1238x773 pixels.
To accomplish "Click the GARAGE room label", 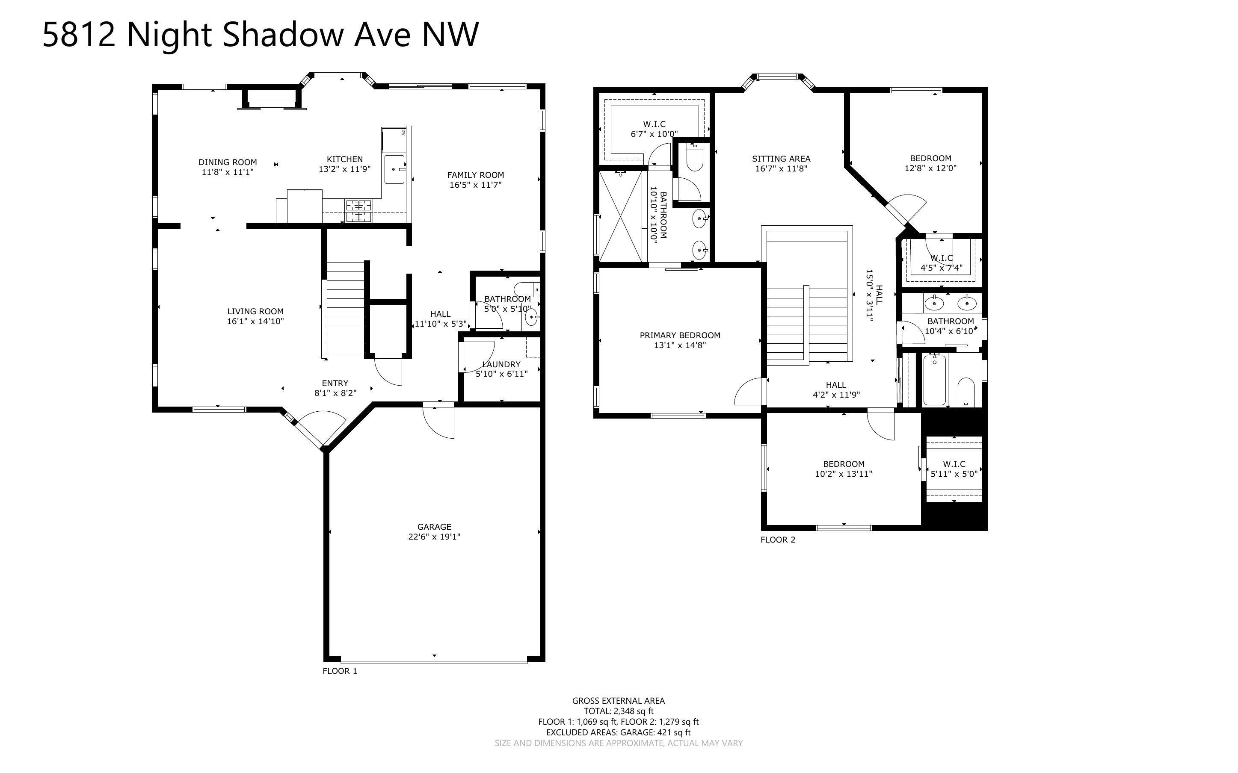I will [434, 527].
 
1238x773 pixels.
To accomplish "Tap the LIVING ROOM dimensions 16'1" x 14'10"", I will [255, 322].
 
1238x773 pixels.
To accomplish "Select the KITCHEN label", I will [345, 159].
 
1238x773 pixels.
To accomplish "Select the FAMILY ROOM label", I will [475, 175].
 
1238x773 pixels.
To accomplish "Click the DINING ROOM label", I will [228, 162].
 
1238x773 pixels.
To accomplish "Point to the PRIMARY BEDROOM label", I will [680, 335].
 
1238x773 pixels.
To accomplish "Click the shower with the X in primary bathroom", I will [620, 217].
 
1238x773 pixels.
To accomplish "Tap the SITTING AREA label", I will [781, 159].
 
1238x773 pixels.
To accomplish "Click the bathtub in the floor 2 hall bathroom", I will [934, 380].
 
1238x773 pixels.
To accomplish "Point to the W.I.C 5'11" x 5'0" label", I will [954, 464].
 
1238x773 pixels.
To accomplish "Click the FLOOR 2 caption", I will [777, 540].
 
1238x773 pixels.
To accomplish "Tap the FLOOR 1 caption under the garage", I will [340, 671].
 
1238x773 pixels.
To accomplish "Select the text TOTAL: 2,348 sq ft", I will [618, 711].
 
